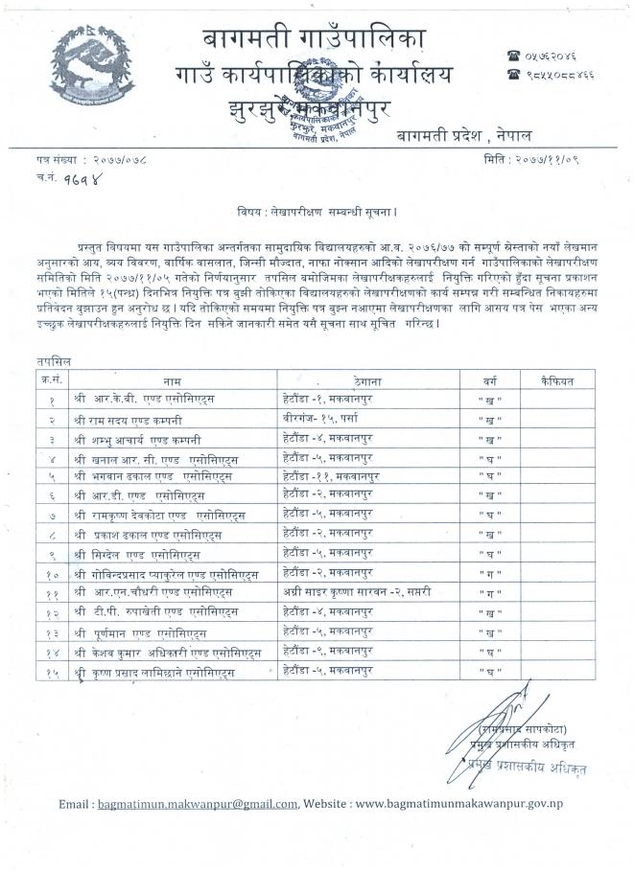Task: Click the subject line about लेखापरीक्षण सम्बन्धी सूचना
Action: pos(316,209)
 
